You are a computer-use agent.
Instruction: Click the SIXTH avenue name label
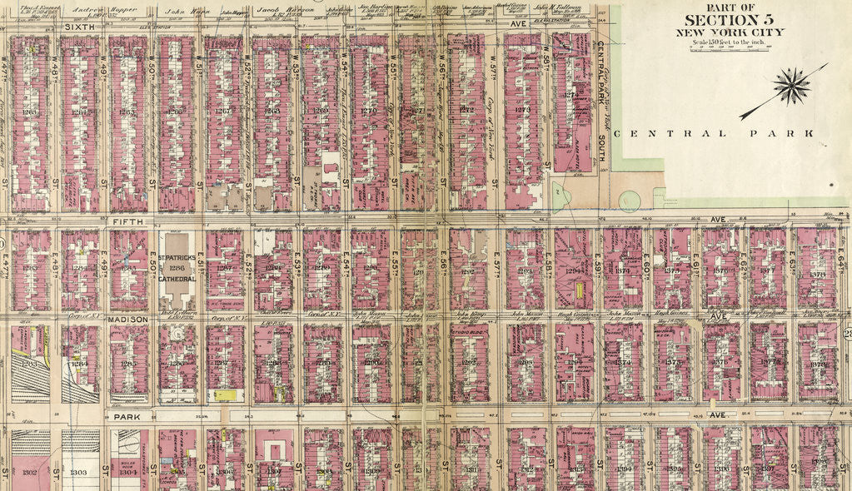(x=79, y=27)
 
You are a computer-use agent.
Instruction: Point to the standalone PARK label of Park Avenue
(x=127, y=416)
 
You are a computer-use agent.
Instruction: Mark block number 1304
(x=127, y=473)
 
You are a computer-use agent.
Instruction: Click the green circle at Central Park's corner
(x=630, y=201)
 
